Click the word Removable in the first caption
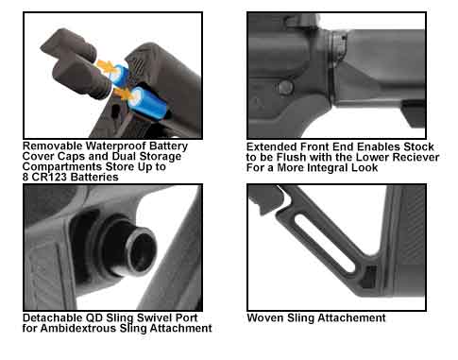tap(52, 146)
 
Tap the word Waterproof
tap(116, 146)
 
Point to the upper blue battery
tap(120, 76)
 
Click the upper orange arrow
tap(107, 66)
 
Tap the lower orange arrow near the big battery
tap(124, 94)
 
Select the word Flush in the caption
tap(290, 157)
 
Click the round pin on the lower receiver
tap(286, 88)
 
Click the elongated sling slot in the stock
tap(324, 242)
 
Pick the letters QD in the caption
tap(94, 317)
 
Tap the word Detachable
tap(53, 317)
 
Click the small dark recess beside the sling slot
tap(369, 277)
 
